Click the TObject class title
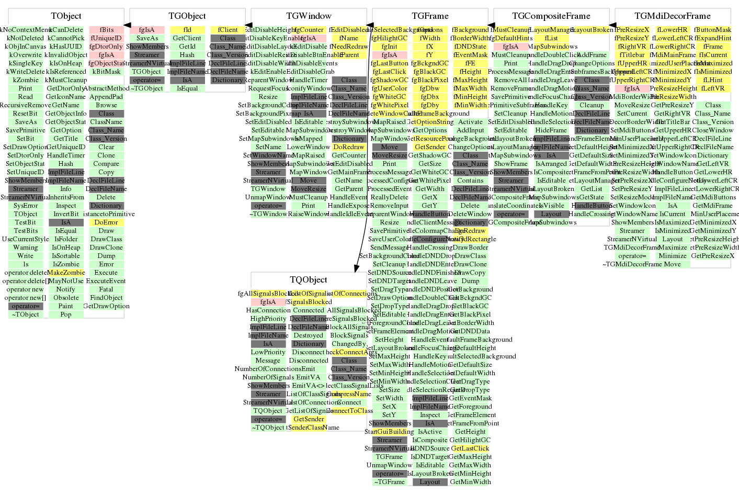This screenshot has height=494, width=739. click(66, 16)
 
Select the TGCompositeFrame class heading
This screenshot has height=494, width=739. click(551, 16)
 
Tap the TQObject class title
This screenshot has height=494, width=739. click(309, 280)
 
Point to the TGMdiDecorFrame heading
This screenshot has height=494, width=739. click(673, 16)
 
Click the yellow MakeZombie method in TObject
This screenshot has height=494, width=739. click(66, 273)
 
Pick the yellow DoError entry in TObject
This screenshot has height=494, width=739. click(106, 222)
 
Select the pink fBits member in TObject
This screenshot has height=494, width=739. click(106, 30)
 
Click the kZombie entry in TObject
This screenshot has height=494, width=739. click(26, 80)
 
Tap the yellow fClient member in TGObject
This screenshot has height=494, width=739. click(228, 30)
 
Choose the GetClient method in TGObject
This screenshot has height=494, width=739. click(187, 38)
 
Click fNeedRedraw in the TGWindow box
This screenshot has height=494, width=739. click(349, 47)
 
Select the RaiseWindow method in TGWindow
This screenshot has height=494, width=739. click(309, 214)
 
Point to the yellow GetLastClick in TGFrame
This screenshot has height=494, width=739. click(470, 448)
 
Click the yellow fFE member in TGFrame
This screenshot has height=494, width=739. click(470, 63)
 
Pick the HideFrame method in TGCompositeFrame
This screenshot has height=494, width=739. click(551, 130)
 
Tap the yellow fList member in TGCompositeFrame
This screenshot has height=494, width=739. click(551, 38)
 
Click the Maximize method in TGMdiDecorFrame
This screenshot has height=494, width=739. click(673, 248)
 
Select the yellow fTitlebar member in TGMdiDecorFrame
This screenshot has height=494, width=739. click(632, 55)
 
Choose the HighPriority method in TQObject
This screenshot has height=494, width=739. click(268, 319)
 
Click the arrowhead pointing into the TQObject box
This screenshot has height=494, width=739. click(357, 268)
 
